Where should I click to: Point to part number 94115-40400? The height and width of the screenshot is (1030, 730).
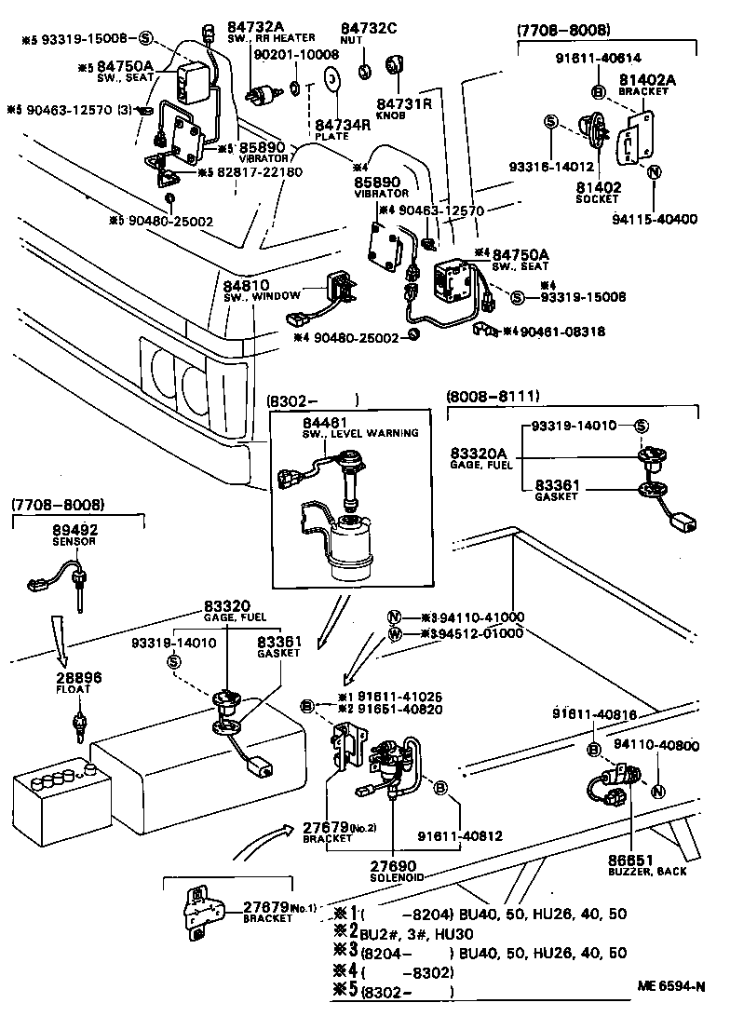(x=656, y=220)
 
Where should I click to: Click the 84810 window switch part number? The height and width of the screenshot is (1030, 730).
(x=246, y=285)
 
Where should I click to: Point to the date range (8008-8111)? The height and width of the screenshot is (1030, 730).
(x=493, y=396)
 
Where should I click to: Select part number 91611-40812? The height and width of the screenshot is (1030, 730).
(x=460, y=835)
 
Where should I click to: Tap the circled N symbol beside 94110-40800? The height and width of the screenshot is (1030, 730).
(x=657, y=793)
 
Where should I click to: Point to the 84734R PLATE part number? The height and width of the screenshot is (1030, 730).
(x=336, y=123)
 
